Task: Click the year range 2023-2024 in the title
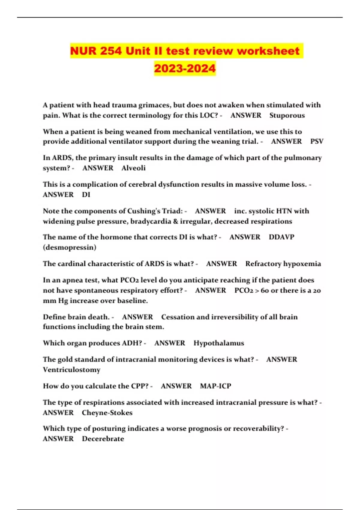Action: coord(185,68)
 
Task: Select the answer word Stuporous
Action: coord(287,115)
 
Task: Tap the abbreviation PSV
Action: coord(317,141)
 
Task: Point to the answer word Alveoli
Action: coord(133,168)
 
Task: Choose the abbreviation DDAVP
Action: coord(281,237)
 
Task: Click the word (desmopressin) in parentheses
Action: coord(70,247)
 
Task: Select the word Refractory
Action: coord(263,264)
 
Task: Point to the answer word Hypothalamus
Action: coord(219,343)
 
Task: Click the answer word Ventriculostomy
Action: coord(72,370)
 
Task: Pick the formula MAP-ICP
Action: coord(215,386)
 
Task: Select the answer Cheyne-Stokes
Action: coord(107,413)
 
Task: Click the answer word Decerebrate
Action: coord(103,439)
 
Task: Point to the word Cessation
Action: coord(178,317)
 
